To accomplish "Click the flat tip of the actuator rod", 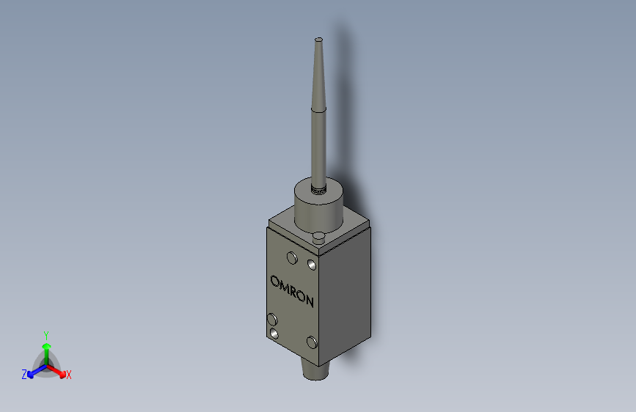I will [318, 39].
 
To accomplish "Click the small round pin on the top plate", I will [318, 236].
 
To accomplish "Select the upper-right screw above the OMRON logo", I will [311, 262].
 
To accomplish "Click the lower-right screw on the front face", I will [312, 342].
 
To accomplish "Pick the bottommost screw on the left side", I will [274, 334].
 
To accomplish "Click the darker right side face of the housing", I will [348, 293].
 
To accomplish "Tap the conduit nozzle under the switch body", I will [317, 371].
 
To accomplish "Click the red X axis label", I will [69, 375].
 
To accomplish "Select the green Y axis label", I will [45, 334].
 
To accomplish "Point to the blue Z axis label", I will [24, 375].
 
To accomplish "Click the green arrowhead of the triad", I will [46, 345].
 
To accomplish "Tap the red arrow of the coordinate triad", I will [59, 370].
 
